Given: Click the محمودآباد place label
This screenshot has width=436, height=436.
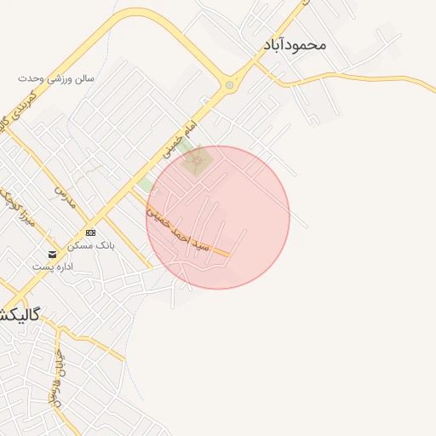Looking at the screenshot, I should [295, 43].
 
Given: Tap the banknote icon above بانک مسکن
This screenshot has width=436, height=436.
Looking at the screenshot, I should [91, 232].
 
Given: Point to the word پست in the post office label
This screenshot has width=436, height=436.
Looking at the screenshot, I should [40, 267].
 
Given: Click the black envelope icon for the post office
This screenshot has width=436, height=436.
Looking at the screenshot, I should [53, 255].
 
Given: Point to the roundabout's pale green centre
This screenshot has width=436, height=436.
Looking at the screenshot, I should [229, 85].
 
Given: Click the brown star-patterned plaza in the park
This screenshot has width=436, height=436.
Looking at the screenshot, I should [198, 162].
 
